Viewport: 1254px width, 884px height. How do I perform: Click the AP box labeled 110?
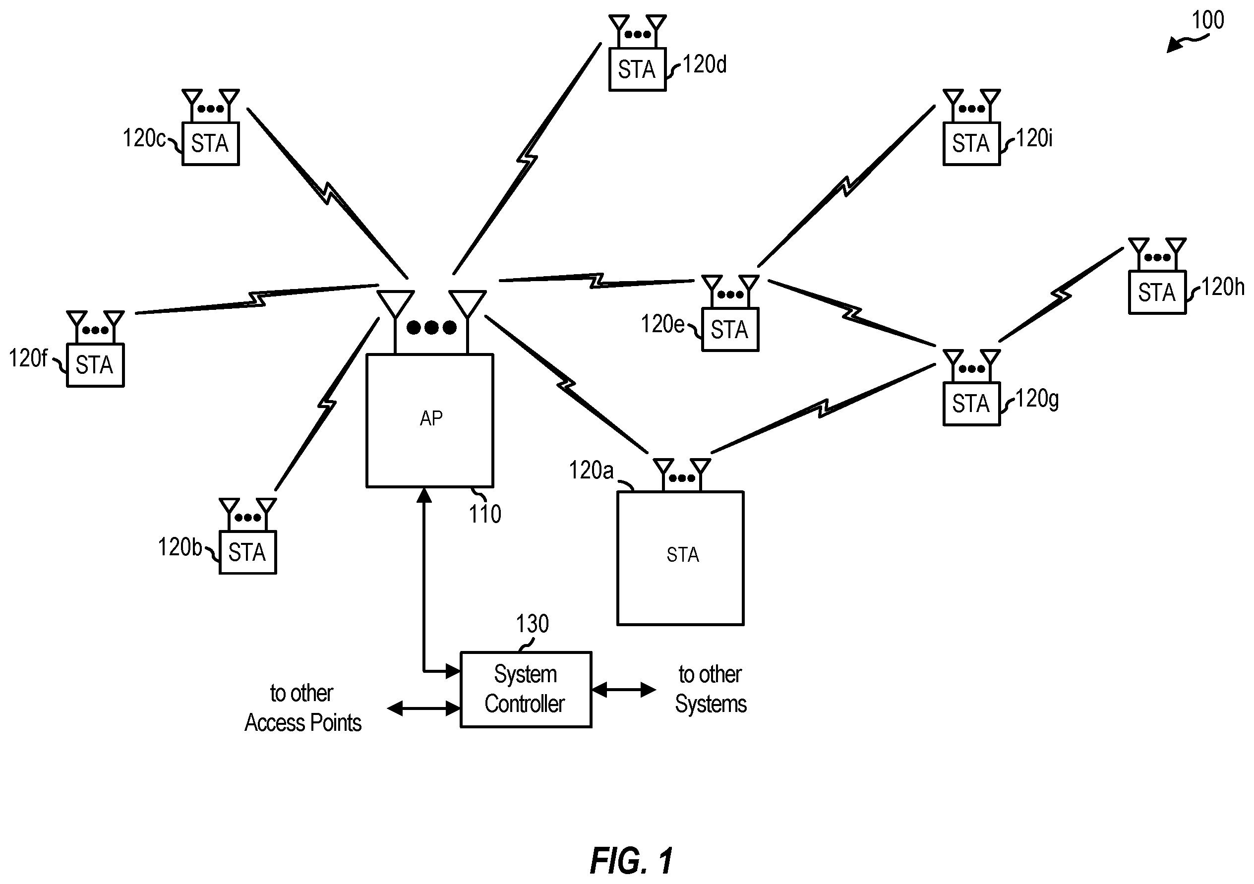pos(430,420)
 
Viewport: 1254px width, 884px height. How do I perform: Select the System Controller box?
pos(526,690)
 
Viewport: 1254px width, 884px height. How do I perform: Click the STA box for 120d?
pos(637,69)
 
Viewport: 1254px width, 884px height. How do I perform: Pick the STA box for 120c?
pos(210,144)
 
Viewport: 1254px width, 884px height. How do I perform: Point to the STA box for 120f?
pos(95,365)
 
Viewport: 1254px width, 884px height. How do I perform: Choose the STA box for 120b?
pos(247,552)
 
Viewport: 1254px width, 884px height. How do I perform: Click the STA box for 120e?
pos(730,330)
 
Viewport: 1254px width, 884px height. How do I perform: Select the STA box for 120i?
pos(972,144)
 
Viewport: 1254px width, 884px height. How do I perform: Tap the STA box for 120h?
pos(1157,292)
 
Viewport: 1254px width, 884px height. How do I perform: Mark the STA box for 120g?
pos(972,404)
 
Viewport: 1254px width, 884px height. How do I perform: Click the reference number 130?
pos(533,624)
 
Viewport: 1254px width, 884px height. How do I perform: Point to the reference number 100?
pos(1207,20)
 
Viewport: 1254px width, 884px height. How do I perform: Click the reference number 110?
pos(485,514)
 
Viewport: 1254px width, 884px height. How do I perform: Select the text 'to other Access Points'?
pos(302,708)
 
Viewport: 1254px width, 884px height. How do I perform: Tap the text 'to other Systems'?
pos(711,690)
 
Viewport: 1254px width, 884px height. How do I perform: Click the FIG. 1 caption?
pos(631,861)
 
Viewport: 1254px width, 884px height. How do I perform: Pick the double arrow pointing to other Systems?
pos(624,690)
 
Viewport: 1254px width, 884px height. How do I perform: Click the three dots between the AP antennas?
pos(431,327)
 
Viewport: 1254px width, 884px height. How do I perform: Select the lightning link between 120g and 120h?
pos(1061,295)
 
